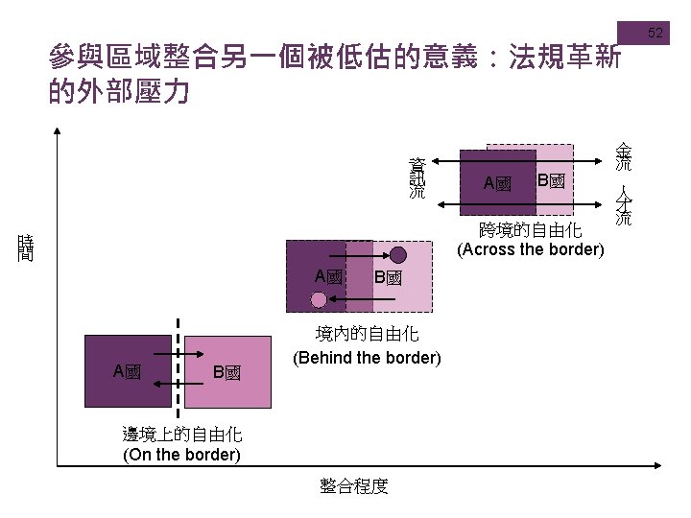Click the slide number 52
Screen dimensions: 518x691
[x=655, y=34]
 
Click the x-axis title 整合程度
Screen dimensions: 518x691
[x=354, y=486]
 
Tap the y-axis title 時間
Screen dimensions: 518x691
[x=26, y=248]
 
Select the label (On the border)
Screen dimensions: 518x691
[x=182, y=454]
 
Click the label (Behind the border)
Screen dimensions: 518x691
[x=367, y=358]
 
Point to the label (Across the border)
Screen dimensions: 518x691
[x=531, y=249]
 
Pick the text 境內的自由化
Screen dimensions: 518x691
[x=367, y=334]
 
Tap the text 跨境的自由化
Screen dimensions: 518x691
[x=531, y=230]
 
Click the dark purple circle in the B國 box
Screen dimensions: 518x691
[x=398, y=255]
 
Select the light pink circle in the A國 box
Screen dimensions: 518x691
[x=319, y=300]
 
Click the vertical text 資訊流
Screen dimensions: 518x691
[x=417, y=177]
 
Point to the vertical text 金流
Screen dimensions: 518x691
[x=624, y=156]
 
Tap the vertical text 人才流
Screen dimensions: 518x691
[x=624, y=205]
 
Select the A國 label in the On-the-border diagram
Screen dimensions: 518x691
[x=127, y=371]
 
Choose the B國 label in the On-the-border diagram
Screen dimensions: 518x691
[x=226, y=372]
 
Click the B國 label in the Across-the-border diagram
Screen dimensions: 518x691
[x=551, y=180]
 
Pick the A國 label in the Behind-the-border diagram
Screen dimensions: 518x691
[x=328, y=276]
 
